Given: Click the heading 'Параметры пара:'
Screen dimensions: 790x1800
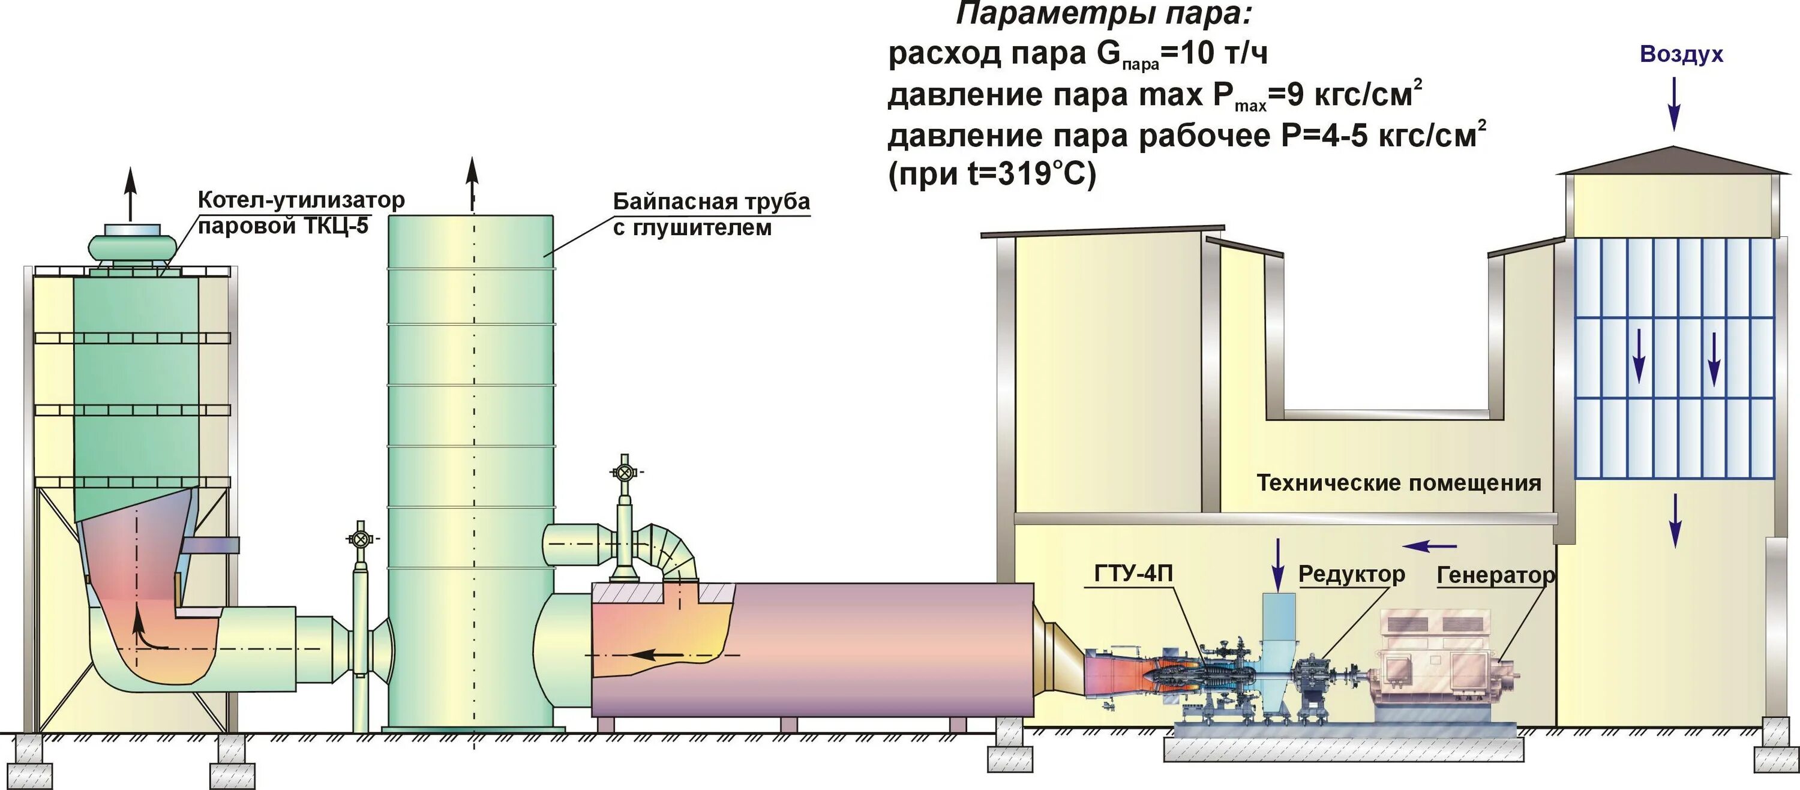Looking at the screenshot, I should click(1103, 14).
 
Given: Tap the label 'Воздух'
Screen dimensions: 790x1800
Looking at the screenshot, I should click(1681, 55).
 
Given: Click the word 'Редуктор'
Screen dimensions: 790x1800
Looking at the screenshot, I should click(1351, 574).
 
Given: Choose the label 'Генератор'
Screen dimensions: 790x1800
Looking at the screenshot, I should click(1495, 576).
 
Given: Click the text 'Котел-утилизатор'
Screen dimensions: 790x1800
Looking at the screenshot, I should click(301, 200).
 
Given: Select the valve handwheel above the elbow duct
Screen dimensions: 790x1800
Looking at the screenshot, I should click(624, 473).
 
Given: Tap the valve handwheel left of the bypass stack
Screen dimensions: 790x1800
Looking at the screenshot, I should click(361, 539).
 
